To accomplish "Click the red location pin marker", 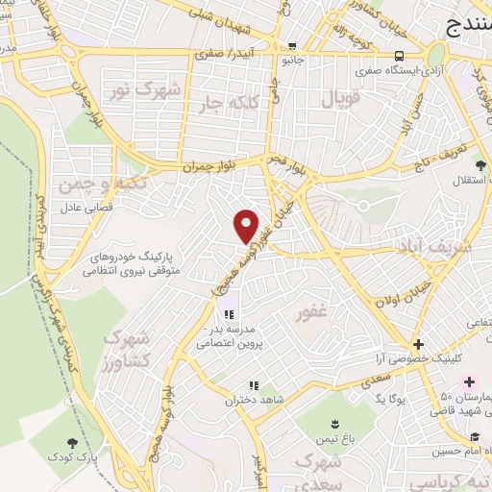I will click(247, 225).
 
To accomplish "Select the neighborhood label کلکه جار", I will click(226, 101).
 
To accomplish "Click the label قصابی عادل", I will click(88, 207).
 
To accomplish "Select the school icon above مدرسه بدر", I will click(229, 314).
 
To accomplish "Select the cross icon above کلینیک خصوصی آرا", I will click(418, 343).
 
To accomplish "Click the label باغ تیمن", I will click(333, 440).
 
